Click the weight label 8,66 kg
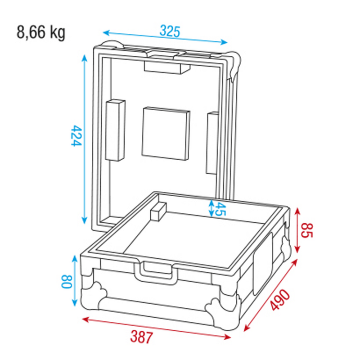[x=41, y=33]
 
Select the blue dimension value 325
[x=170, y=32]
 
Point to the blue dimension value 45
[x=218, y=208]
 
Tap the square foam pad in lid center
[x=166, y=134]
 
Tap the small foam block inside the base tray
[x=159, y=211]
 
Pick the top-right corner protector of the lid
[x=235, y=63]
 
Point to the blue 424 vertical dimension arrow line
[x=84, y=139]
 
